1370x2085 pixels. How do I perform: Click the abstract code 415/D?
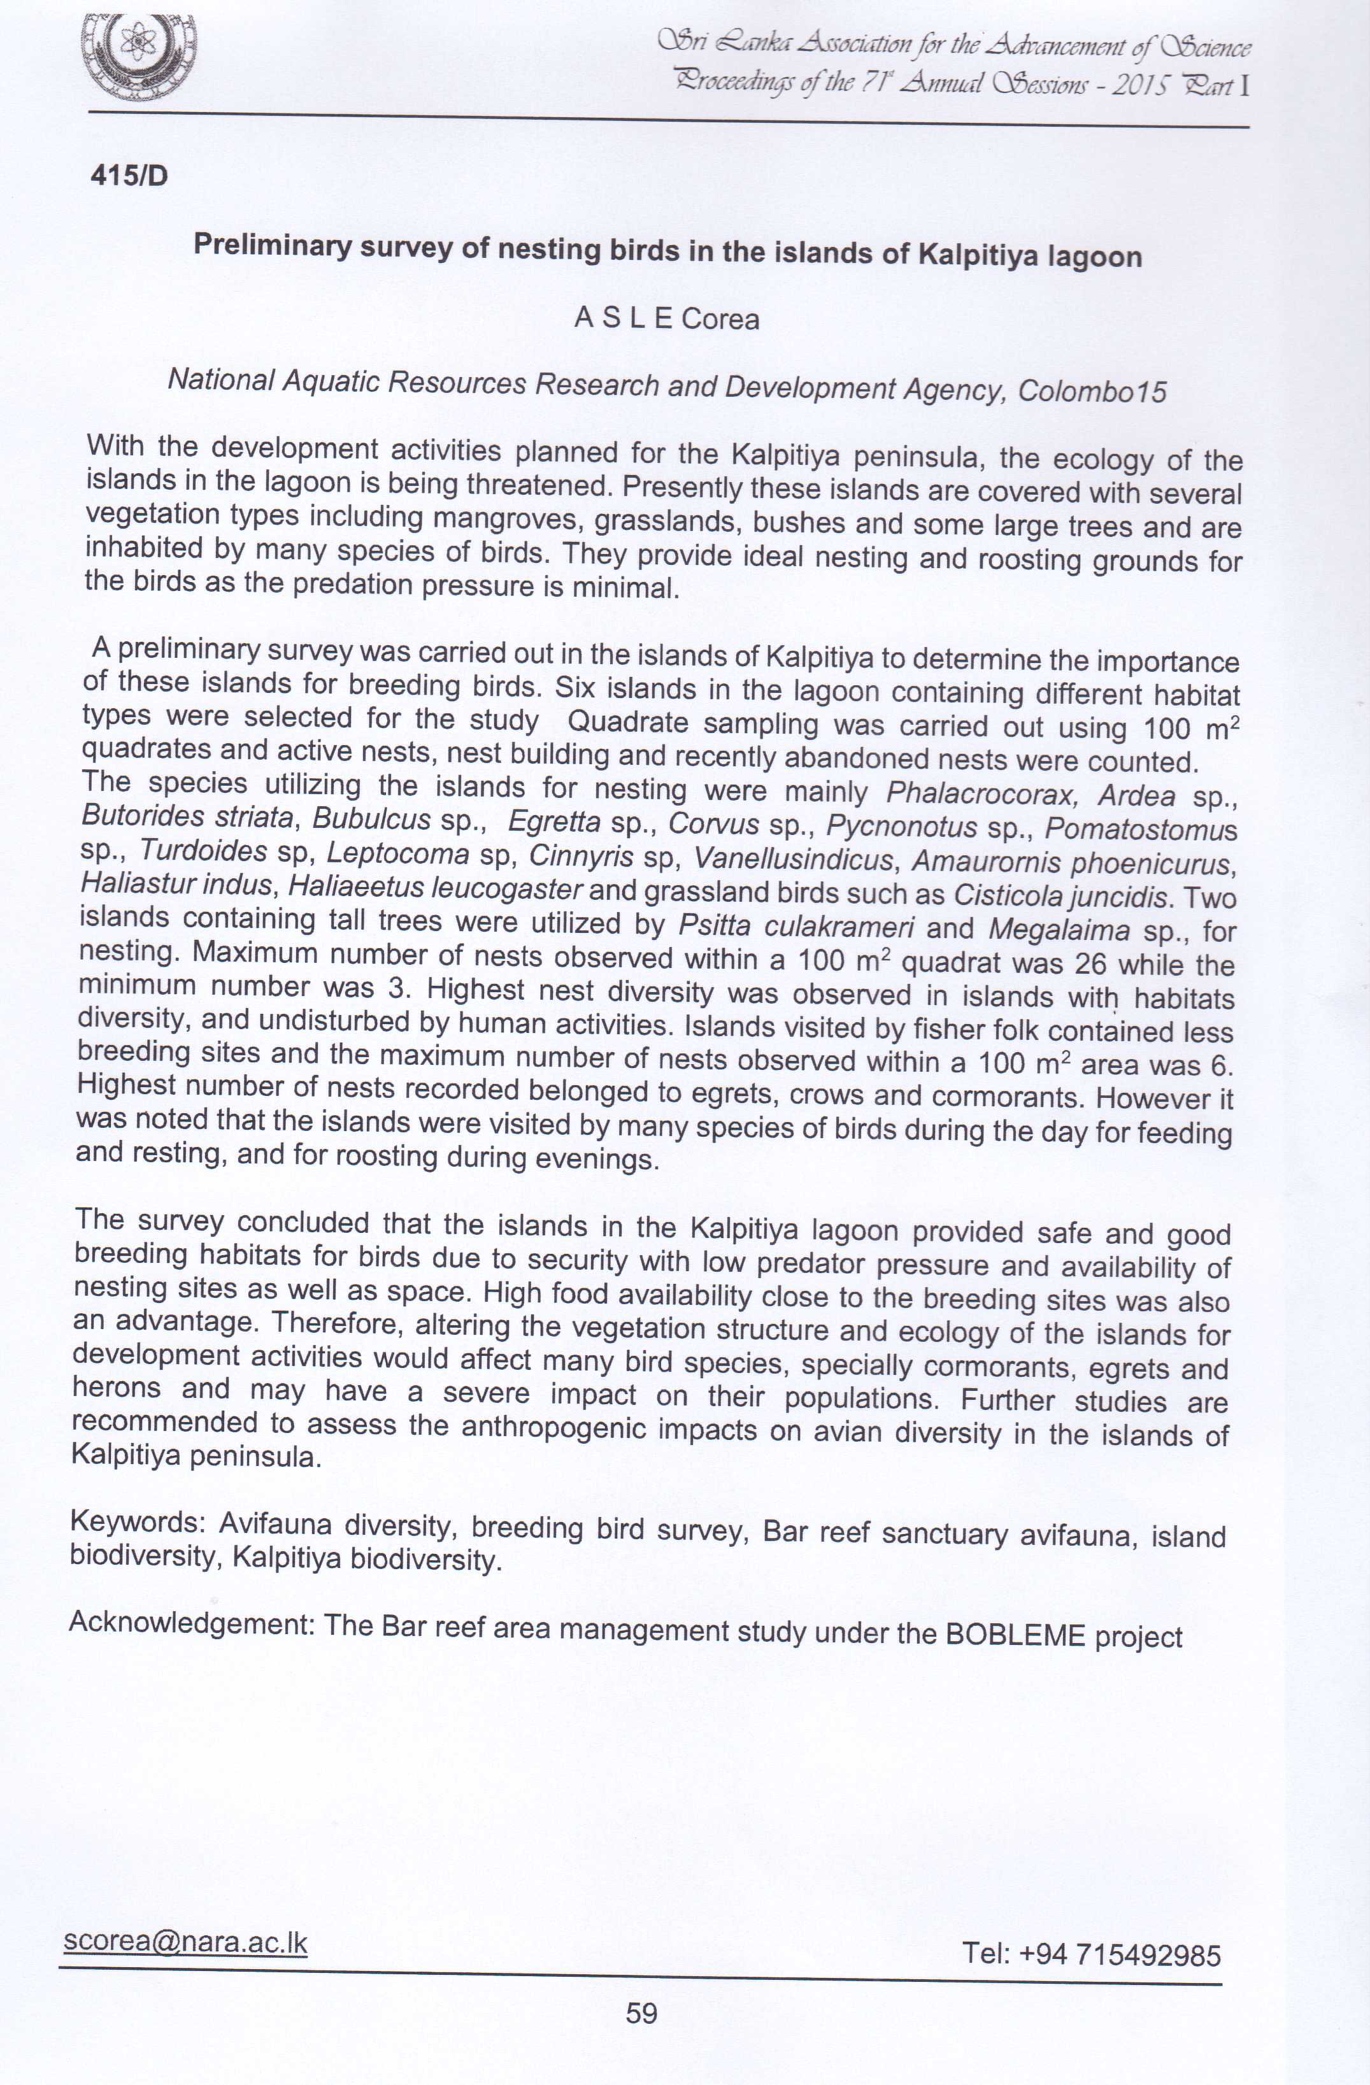coord(129,176)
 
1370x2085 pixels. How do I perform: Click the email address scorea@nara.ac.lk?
coord(185,1942)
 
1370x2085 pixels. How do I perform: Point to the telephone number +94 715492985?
coord(1120,1954)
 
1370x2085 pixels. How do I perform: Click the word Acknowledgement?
coord(191,1623)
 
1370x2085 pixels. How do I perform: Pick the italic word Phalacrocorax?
coord(980,793)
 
